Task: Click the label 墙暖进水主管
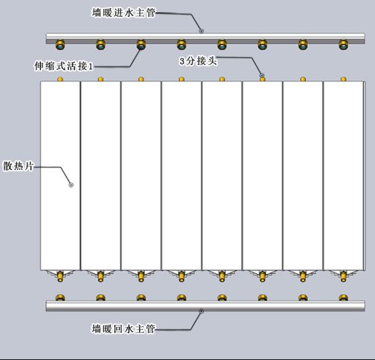124,13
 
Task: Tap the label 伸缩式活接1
64,66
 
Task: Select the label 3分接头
198,61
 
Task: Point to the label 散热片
18,166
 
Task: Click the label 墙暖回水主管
124,329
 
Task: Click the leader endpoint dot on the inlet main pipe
201,31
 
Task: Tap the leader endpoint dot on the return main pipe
201,311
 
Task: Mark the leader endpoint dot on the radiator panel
71,185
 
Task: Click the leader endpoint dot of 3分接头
262,75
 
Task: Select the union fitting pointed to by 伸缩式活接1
141,45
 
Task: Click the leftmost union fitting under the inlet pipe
60,45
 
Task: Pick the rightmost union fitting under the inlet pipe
343,45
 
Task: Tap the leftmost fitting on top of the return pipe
60,298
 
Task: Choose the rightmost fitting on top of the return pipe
343,298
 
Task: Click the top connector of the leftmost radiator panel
60,79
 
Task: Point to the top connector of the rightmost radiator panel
343,79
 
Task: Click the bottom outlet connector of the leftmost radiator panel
60,277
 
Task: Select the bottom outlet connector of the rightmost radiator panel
343,277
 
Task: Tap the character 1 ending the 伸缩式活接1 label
91,66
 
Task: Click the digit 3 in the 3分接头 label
182,61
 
